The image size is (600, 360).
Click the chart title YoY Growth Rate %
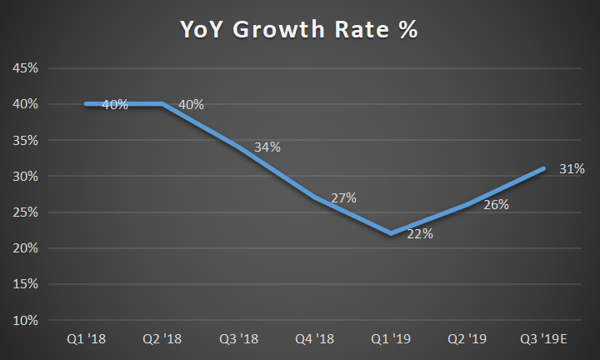click(x=299, y=29)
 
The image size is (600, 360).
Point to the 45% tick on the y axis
click(x=25, y=68)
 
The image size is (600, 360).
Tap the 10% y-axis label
click(x=25, y=320)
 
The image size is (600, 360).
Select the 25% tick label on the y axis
click(x=25, y=212)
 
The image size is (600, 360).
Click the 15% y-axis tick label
click(x=25, y=284)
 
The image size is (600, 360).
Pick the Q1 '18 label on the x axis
click(x=86, y=338)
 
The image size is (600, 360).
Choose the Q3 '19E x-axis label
click(x=543, y=338)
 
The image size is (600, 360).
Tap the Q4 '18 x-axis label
click(x=314, y=338)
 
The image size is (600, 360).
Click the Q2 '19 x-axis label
click(x=467, y=338)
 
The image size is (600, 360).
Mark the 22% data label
click(x=420, y=234)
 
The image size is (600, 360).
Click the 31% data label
click(x=572, y=168)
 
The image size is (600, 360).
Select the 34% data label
click(x=267, y=147)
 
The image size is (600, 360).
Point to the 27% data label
click(x=343, y=197)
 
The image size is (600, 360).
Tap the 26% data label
click(x=497, y=205)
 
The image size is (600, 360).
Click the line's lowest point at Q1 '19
click(x=391, y=234)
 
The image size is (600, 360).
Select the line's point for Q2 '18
click(x=162, y=103)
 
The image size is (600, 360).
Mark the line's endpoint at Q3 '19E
click(x=543, y=168)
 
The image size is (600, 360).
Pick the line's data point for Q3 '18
click(x=239, y=147)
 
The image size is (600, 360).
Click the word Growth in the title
click(x=279, y=29)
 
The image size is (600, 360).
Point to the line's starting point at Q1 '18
click(x=86, y=103)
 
